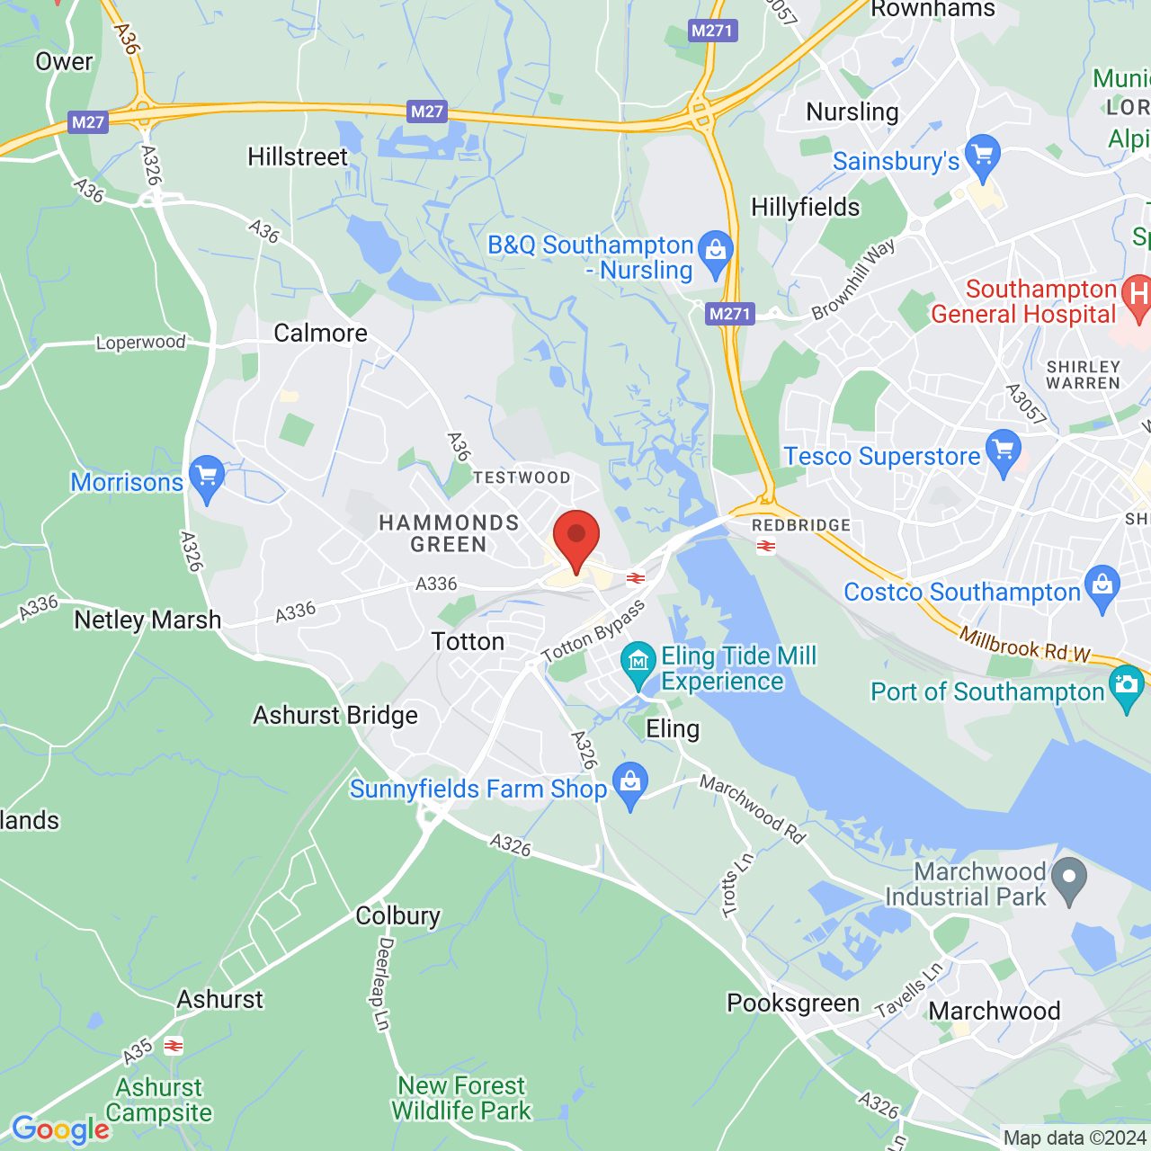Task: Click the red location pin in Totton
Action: [x=575, y=538]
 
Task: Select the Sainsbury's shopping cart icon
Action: [x=982, y=156]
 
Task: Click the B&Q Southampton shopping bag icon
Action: [x=716, y=254]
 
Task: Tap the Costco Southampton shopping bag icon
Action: [x=1102, y=587]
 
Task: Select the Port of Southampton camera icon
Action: [x=1127, y=687]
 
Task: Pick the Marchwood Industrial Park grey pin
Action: [x=1069, y=879]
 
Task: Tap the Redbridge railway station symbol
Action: [x=766, y=547]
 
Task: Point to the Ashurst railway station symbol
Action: [x=174, y=1046]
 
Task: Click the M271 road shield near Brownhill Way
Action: [x=729, y=314]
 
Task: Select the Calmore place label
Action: [x=321, y=334]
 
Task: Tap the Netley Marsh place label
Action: [x=147, y=620]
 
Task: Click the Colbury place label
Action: [x=397, y=915]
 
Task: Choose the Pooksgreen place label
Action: [x=793, y=1004]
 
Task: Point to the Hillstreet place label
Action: [x=298, y=157]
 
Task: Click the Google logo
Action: [x=60, y=1129]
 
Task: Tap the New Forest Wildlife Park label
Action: [x=461, y=1099]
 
